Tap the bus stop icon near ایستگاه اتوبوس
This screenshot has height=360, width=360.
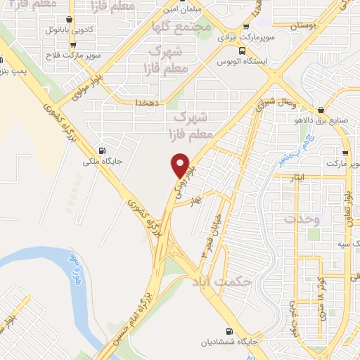click(242, 51)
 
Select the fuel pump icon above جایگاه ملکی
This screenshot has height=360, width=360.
click(103, 150)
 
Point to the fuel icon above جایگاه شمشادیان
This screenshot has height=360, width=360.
click(229, 331)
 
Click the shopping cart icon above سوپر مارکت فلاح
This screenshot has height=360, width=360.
click(73, 45)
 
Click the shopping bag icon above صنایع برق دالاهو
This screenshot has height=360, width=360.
click(320, 109)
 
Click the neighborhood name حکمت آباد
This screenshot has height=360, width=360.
click(221, 282)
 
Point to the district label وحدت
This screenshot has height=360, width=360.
click(302, 219)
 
